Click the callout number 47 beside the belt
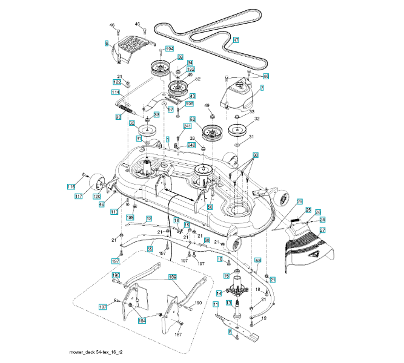(x=236, y=41)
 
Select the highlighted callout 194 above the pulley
(x=170, y=48)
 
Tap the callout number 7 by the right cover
(x=262, y=88)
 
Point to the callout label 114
(x=115, y=92)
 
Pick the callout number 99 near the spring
(x=118, y=116)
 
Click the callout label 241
(x=187, y=126)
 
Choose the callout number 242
(x=191, y=145)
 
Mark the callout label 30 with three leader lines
(x=256, y=155)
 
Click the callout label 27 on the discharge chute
(x=322, y=230)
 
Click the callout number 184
(x=141, y=320)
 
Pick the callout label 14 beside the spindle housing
(x=219, y=293)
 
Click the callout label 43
(x=192, y=96)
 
